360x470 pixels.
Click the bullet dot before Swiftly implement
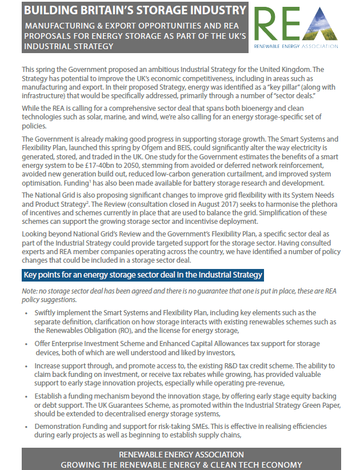[26, 314]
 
